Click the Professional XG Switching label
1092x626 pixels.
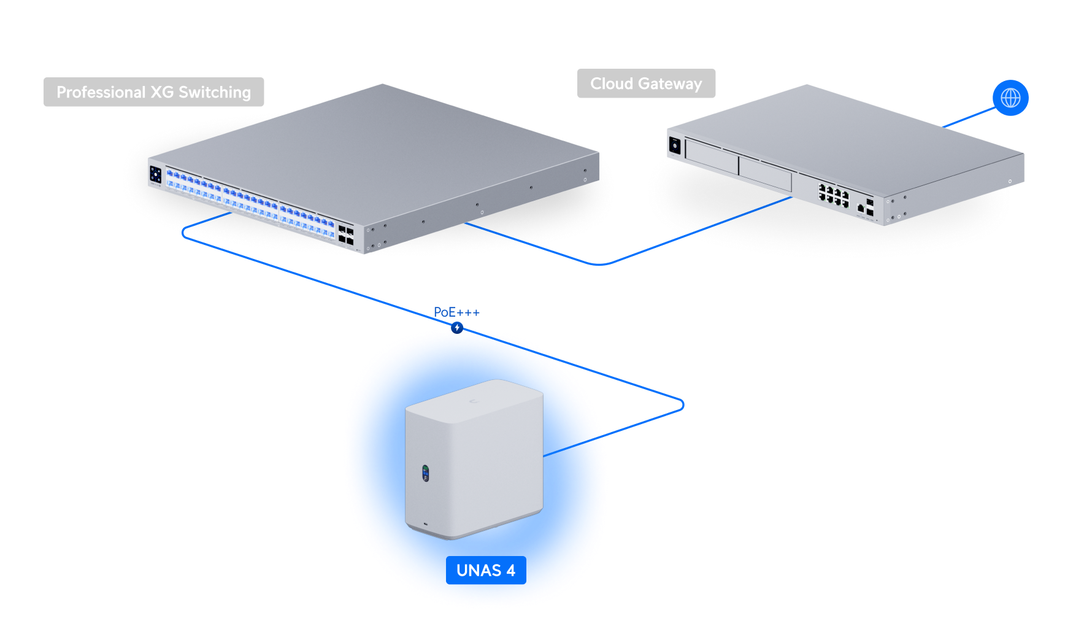[153, 92]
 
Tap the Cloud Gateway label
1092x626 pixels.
[646, 83]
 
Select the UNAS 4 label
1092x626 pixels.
[485, 570]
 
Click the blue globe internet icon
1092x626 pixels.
[1010, 98]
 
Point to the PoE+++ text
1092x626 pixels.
[456, 312]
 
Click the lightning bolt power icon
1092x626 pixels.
[457, 328]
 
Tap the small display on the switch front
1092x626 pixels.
[155, 174]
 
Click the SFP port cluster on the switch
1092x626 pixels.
[346, 235]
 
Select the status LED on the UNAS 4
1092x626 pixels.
[425, 473]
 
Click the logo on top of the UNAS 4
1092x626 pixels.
[472, 401]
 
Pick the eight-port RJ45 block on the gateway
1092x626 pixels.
[834, 196]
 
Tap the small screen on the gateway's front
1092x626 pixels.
[675, 146]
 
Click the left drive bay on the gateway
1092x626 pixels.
[712, 156]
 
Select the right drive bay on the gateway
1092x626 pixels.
[765, 172]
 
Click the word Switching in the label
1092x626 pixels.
[215, 92]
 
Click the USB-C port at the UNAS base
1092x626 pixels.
[426, 525]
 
